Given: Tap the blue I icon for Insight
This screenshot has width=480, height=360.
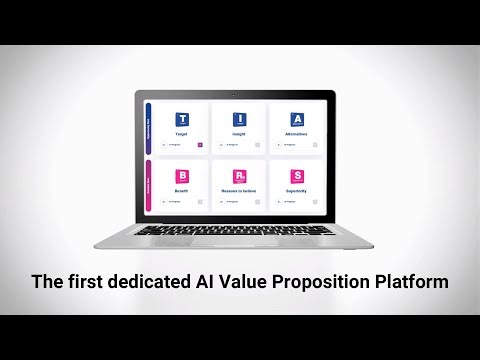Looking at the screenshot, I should coord(240,119).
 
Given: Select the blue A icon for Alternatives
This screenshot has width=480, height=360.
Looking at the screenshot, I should coord(297,119).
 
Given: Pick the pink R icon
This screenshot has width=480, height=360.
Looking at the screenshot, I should coord(240,175).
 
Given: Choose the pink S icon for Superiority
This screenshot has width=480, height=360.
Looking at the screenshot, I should coord(297,175).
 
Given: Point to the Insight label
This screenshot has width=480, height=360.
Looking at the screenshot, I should coord(240,133).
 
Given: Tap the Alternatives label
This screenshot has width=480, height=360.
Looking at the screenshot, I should coord(297,133).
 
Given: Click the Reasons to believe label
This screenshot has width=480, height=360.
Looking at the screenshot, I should coord(240,189).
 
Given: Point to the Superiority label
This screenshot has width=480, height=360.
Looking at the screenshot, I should coord(297,189).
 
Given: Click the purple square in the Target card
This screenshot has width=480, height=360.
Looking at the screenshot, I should coord(200,146).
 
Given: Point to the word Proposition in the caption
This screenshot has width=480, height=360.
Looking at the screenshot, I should coord(319,283).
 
